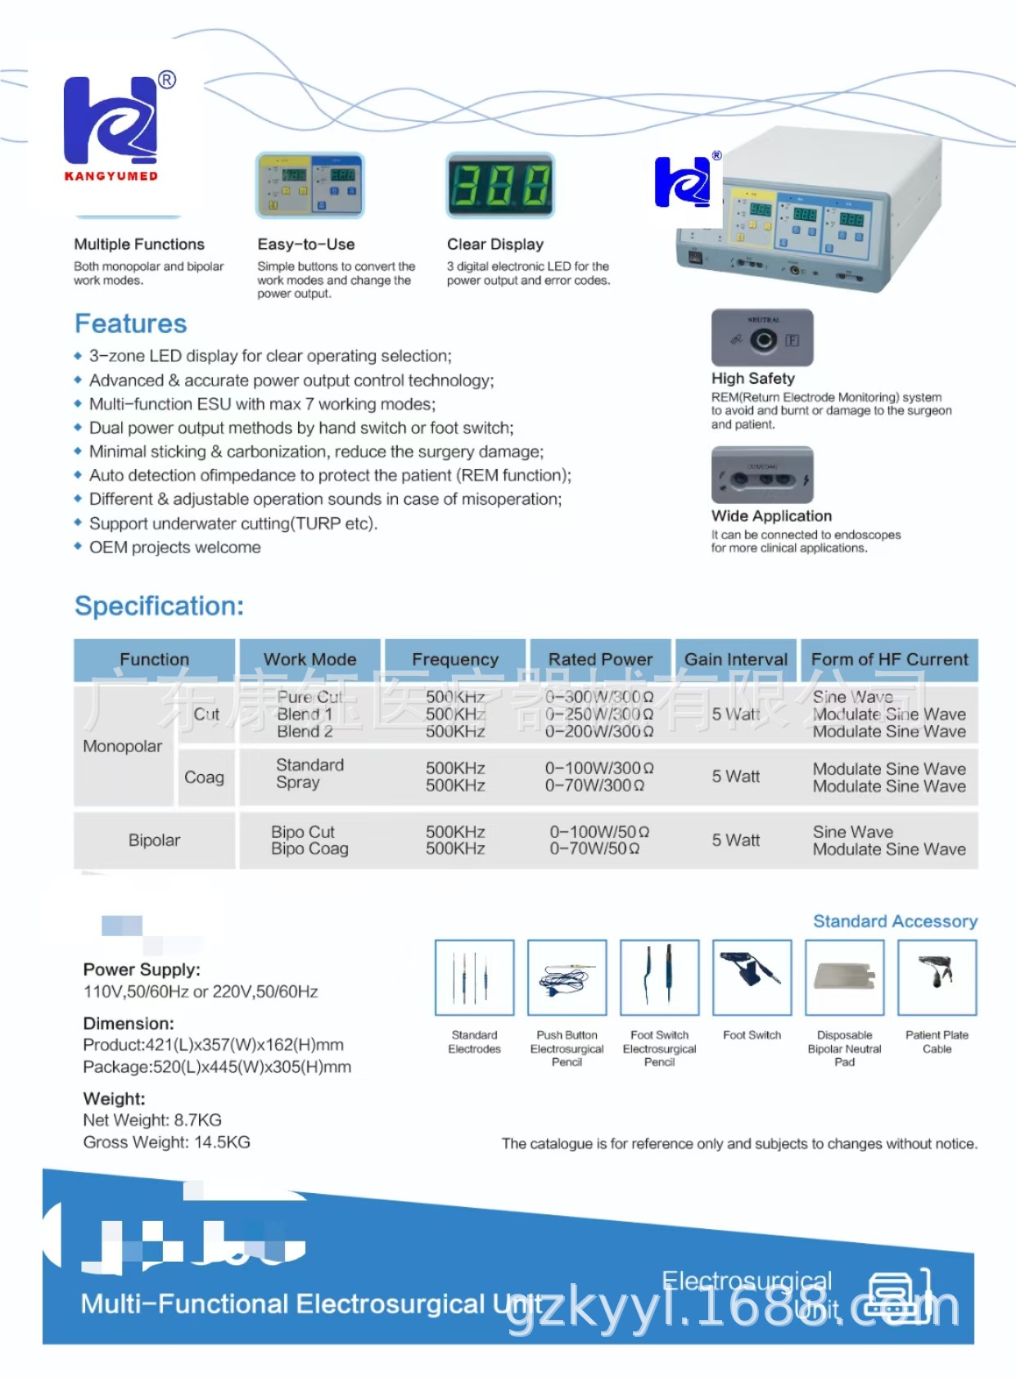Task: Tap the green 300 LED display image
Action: tap(500, 185)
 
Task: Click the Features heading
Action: tap(131, 324)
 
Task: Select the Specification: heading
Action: tap(160, 606)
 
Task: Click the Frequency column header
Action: tap(455, 660)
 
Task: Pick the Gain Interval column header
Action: tap(736, 660)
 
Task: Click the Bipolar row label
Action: tap(154, 840)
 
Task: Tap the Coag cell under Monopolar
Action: tap(204, 777)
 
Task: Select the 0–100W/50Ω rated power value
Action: tap(599, 832)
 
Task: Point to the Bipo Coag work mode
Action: tap(309, 849)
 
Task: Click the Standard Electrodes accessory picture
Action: tap(475, 978)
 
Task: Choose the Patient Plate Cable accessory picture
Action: tap(937, 978)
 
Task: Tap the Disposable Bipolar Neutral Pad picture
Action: tap(844, 978)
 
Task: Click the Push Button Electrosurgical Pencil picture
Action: tap(567, 978)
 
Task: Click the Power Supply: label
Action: tap(142, 970)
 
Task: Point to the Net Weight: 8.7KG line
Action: tap(152, 1120)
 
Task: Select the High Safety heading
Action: tap(753, 379)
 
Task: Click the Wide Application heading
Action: tap(771, 516)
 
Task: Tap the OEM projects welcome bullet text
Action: tap(175, 547)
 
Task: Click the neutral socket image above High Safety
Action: tap(762, 338)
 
